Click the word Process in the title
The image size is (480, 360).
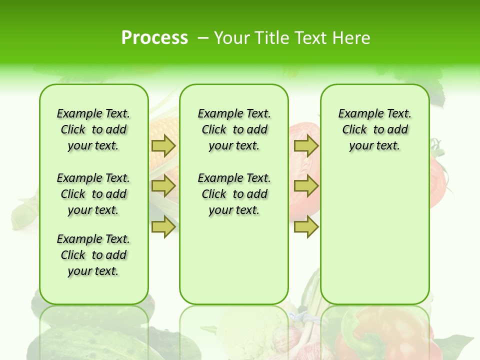[x=154, y=38]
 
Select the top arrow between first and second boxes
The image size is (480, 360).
[x=163, y=145]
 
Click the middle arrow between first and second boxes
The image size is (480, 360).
[x=163, y=186]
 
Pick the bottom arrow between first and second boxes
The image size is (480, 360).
[x=163, y=227]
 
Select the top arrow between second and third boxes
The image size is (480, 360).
[x=306, y=145]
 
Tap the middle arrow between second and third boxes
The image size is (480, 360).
[x=306, y=186]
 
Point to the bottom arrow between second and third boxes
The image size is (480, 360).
[x=306, y=227]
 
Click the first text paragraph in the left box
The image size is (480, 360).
[x=93, y=129]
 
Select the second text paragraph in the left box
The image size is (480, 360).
[x=93, y=194]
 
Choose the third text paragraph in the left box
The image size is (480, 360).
[x=93, y=255]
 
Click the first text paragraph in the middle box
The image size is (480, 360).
[x=234, y=129]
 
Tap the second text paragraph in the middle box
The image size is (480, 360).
[x=234, y=194]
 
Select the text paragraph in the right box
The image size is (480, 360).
[x=374, y=129]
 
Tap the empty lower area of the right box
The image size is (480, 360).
[x=374, y=240]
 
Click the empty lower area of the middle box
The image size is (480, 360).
[x=234, y=260]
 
